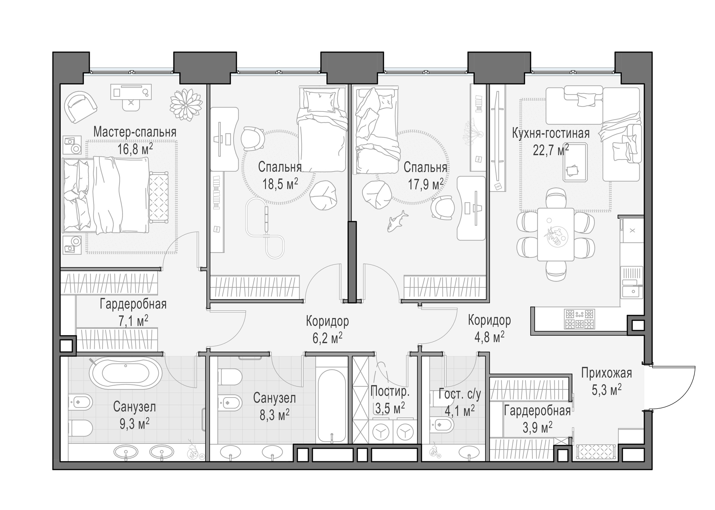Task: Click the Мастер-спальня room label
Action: click(x=135, y=132)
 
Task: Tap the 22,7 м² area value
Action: click(x=551, y=150)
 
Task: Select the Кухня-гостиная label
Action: click(x=551, y=133)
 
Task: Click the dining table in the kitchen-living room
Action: click(x=556, y=234)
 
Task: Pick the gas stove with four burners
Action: click(x=579, y=319)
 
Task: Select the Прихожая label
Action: click(x=606, y=373)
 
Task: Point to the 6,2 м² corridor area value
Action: click(x=327, y=338)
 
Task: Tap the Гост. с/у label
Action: click(x=460, y=394)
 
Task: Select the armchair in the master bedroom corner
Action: click(x=80, y=107)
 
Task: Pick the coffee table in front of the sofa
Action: click(x=575, y=162)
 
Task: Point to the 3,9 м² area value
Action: click(x=538, y=427)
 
